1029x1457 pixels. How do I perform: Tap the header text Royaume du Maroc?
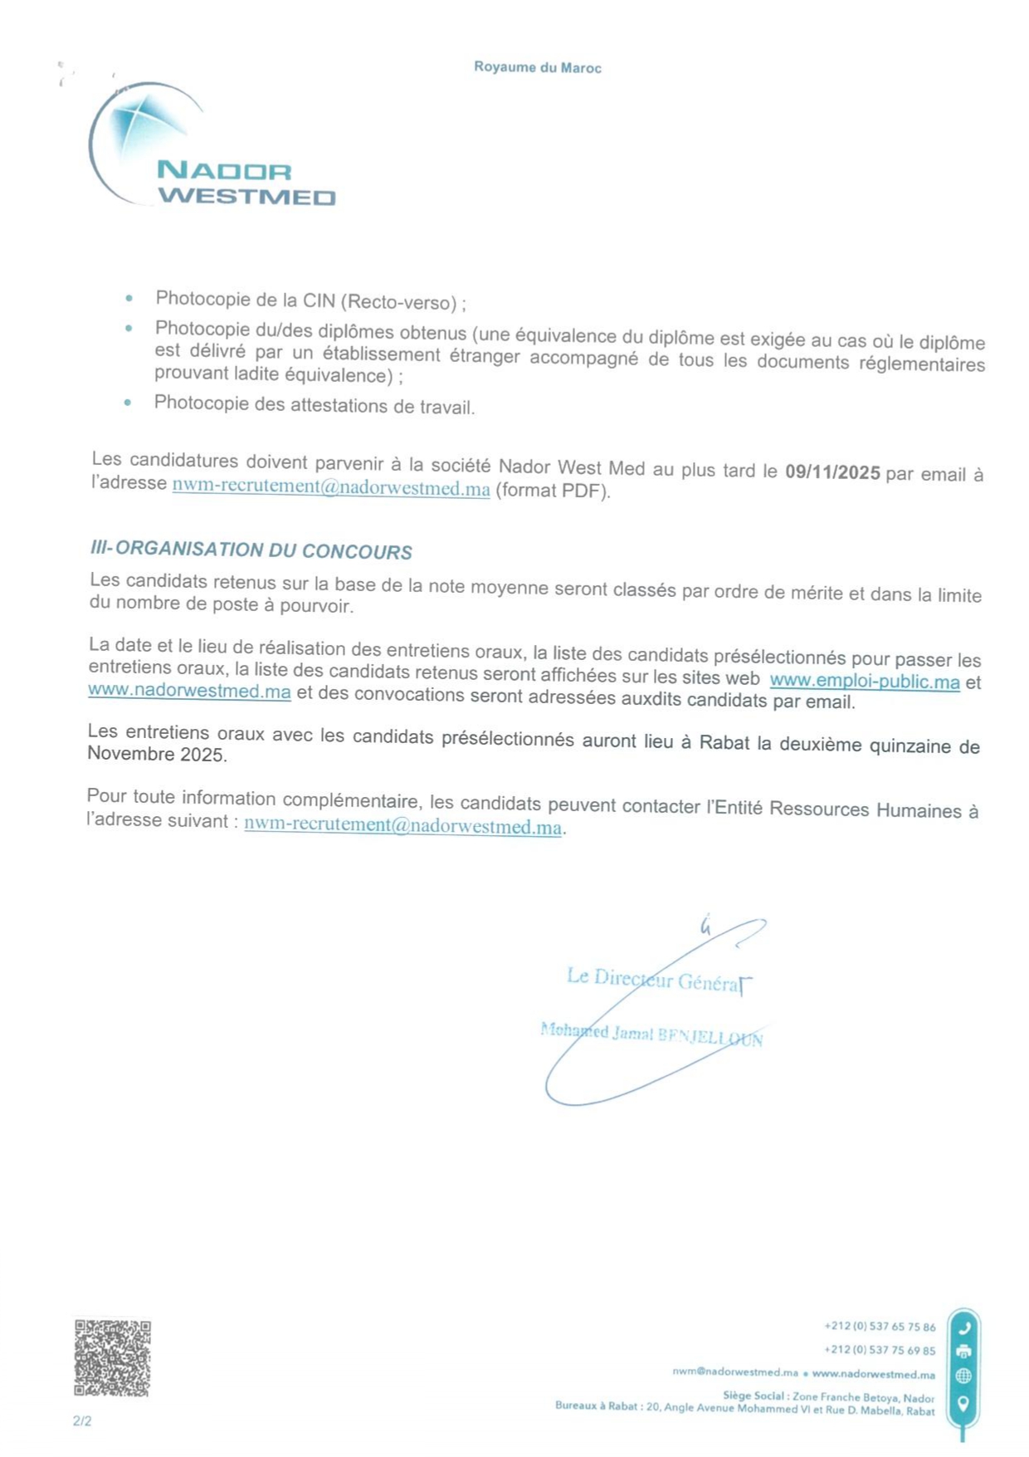click(x=537, y=67)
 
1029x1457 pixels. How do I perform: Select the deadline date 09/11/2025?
click(x=832, y=472)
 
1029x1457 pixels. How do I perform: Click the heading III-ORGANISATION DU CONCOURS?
click(x=251, y=550)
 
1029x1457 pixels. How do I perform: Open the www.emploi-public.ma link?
click(x=864, y=682)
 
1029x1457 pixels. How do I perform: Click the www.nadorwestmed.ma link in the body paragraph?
click(x=189, y=691)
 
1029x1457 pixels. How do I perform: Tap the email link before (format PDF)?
click(x=330, y=487)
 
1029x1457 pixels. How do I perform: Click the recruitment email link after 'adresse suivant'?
click(x=402, y=826)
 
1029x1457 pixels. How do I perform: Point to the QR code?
click(x=112, y=1358)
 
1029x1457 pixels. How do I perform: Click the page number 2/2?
click(x=82, y=1421)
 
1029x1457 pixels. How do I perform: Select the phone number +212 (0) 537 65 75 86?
click(x=879, y=1327)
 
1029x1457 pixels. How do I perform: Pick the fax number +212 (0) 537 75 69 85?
click(x=879, y=1350)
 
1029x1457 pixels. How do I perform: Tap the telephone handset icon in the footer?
click(x=963, y=1327)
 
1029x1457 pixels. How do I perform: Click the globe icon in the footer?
click(x=963, y=1376)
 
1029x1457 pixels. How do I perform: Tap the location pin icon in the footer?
click(x=963, y=1403)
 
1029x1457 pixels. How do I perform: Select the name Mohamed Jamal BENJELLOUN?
click(x=651, y=1034)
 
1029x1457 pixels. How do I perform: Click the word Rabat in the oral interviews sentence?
click(x=724, y=742)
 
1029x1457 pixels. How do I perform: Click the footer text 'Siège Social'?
click(x=753, y=1396)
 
